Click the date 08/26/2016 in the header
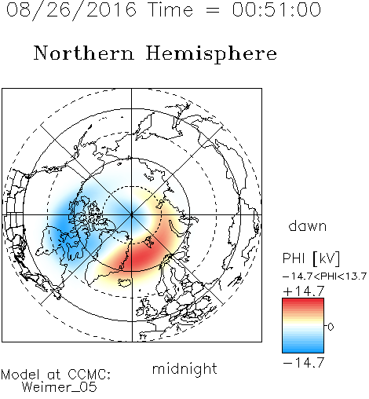71,10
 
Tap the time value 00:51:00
276,9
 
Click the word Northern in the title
84,53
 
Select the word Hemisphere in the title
211,54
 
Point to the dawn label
308,225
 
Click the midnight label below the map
184,368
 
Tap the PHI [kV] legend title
312,258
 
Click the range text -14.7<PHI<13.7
324,276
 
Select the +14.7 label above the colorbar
304,291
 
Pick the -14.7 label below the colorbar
304,363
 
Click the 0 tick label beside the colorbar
331,327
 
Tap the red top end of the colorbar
303,301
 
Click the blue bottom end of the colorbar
303,350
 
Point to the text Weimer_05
60,387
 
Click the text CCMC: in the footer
89,375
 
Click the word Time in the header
170,9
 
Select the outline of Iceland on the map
125,283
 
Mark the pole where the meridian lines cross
132,215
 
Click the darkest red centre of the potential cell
141,257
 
